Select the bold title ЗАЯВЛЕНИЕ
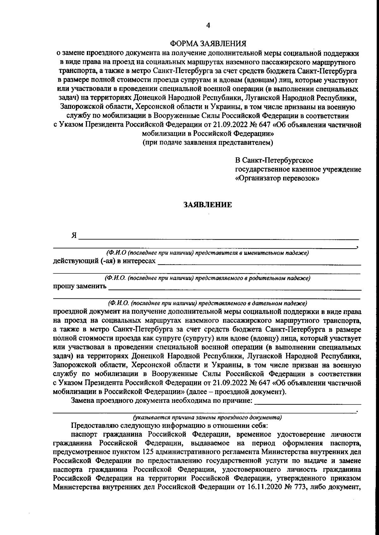click(208, 205)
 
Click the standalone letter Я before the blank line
click(74, 236)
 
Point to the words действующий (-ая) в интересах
click(104, 261)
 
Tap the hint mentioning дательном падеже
click(208, 303)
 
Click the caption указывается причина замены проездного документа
click(208, 417)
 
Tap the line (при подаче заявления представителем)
click(208, 142)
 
